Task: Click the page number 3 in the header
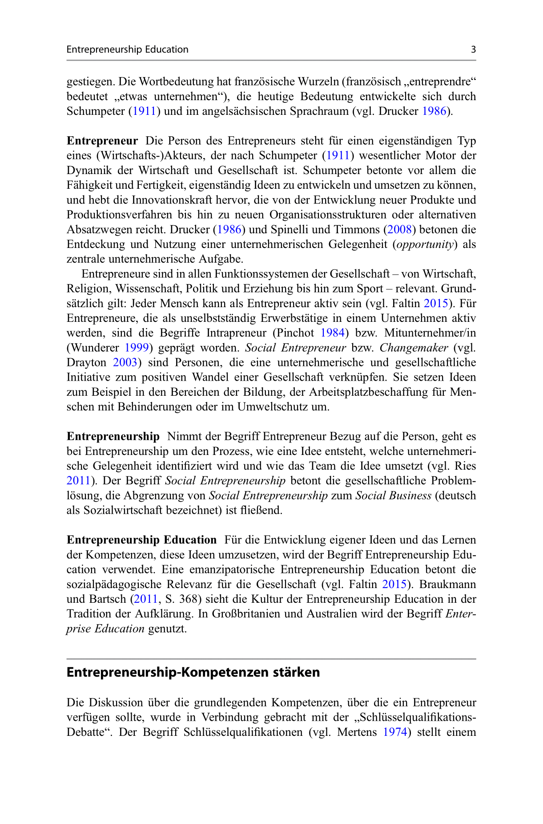click(473, 49)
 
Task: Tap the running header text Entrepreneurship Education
click(127, 49)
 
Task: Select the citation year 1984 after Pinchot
click(332, 333)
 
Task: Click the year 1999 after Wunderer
click(136, 348)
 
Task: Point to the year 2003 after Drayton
click(125, 362)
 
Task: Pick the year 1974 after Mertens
click(395, 732)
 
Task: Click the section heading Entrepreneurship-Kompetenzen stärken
click(193, 672)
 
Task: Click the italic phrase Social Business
click(393, 495)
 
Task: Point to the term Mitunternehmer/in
click(430, 333)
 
